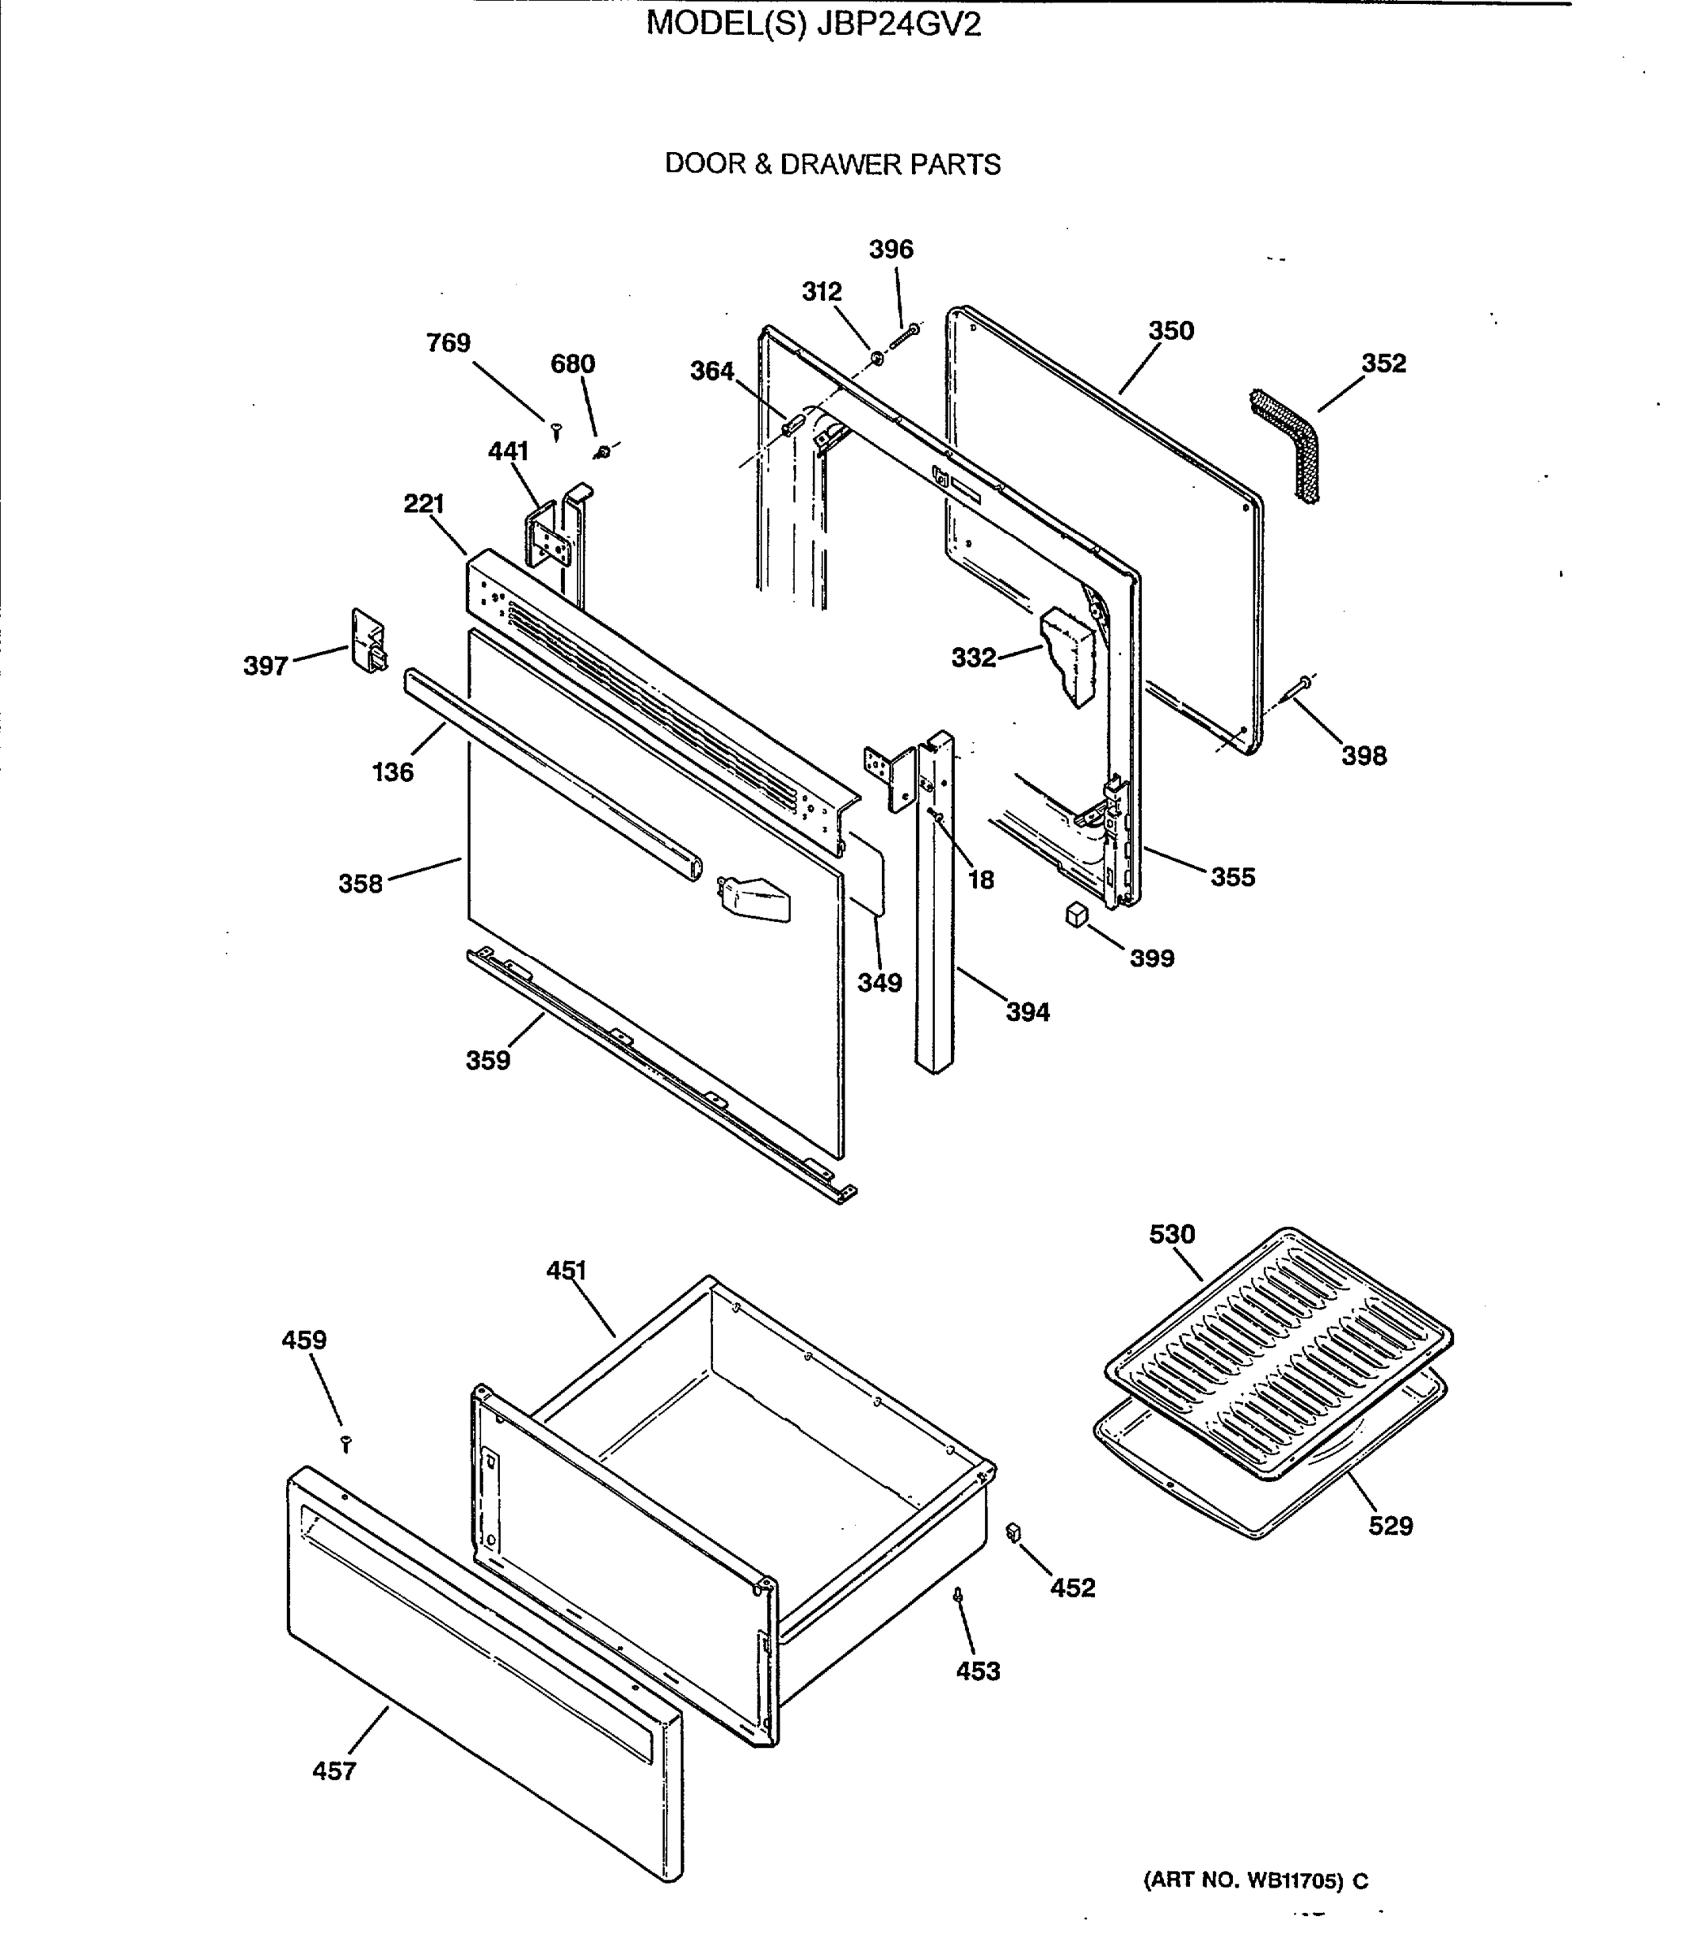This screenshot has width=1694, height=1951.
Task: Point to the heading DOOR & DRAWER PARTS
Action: [832, 164]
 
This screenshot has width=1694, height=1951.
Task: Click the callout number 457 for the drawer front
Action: [335, 1771]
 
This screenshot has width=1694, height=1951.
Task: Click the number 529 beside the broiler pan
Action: [1390, 1526]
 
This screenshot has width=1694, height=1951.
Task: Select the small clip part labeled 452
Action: [1014, 1532]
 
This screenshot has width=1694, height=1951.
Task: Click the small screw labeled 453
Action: [958, 1595]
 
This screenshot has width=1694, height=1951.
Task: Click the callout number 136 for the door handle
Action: [393, 772]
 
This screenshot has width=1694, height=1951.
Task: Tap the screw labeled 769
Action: [557, 432]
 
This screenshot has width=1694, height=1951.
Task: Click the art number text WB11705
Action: [1293, 1880]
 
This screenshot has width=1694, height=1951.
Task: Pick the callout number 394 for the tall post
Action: [1027, 1012]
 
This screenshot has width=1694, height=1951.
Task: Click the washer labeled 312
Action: [876, 358]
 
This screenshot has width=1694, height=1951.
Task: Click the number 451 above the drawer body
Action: [567, 1271]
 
